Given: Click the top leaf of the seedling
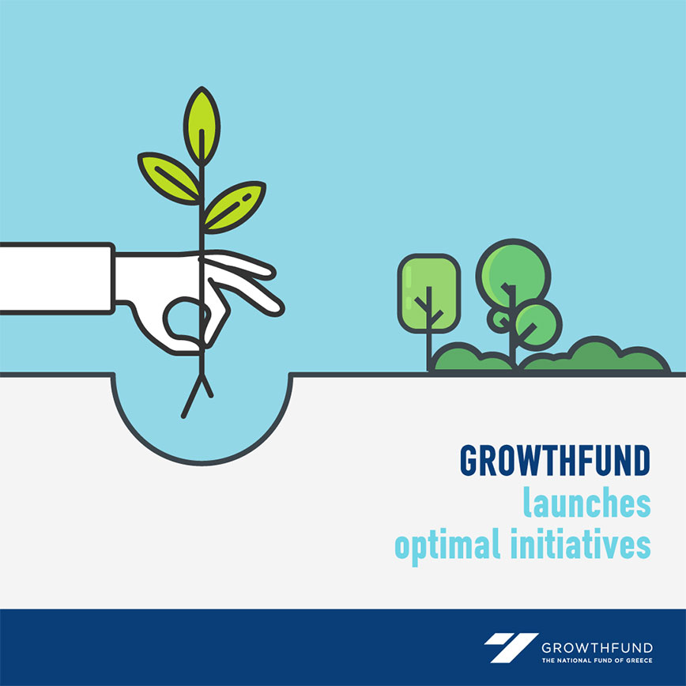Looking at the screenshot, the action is coord(202,126).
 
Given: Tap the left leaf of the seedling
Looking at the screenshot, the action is coord(170,178).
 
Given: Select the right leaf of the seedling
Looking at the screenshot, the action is coord(235,207).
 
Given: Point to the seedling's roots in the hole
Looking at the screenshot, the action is coord(197,395).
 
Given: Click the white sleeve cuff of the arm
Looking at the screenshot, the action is coord(58,278).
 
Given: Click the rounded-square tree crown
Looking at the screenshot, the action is coord(428,292).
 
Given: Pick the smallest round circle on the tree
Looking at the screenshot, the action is coord(500,320).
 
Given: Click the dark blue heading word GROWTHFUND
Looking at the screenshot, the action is coord(555,461).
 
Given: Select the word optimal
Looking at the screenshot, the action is coord(447,545).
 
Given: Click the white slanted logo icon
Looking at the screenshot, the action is coord(511,647).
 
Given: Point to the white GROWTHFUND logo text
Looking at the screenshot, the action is coord(597,647).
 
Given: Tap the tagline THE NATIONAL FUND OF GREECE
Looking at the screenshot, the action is coord(597,660).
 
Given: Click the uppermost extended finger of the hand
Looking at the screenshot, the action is coord(239,264).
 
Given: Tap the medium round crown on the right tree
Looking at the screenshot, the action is coord(538,325).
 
